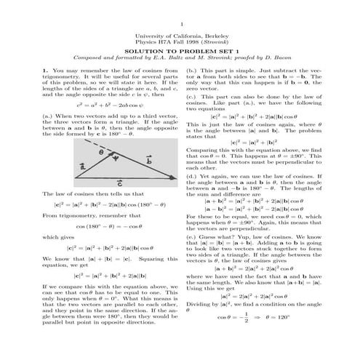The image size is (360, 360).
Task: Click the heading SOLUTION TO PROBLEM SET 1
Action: (180, 52)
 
